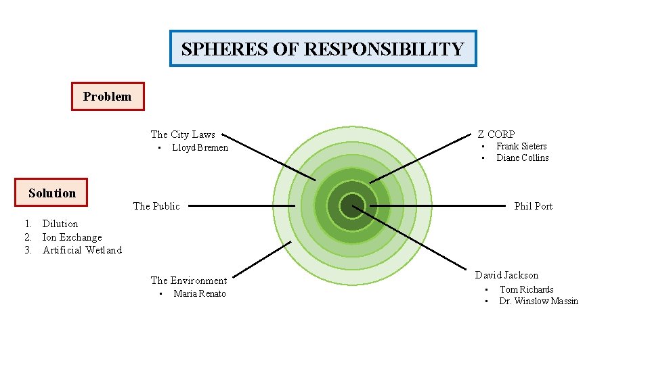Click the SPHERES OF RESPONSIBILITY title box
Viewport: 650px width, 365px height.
tap(322, 49)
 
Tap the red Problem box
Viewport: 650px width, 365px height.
tap(108, 96)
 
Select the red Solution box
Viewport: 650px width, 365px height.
tap(52, 193)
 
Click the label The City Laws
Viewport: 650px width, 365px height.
tap(183, 135)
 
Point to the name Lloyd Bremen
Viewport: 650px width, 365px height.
tap(200, 147)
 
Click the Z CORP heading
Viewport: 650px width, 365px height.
tap(496, 135)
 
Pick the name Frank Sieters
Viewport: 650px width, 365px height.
tap(521, 146)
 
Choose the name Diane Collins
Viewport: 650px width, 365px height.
tap(522, 157)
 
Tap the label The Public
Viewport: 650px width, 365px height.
tap(156, 206)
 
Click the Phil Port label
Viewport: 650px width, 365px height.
tap(533, 206)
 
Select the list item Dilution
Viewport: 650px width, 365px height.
tap(60, 224)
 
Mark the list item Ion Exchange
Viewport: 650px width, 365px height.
tap(72, 237)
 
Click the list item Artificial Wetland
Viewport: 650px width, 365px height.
tap(82, 250)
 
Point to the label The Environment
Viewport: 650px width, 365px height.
tap(188, 281)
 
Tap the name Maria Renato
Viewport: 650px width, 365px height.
tap(200, 293)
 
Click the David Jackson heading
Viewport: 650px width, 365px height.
tap(506, 275)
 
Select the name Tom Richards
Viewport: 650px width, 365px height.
tap(526, 289)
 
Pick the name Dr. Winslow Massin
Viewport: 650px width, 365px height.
tap(538, 301)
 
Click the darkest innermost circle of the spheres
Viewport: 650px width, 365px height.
tap(352, 205)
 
